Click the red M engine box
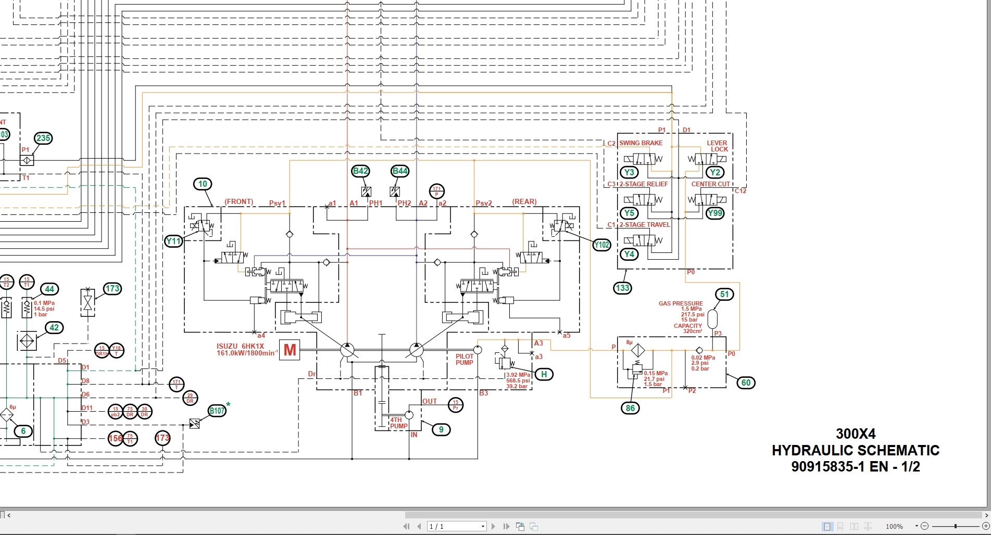coord(290,350)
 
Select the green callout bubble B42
coord(360,171)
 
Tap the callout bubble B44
coord(400,171)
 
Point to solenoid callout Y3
coord(629,172)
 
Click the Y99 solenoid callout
coord(715,213)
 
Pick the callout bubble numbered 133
coord(622,288)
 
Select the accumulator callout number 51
coord(724,294)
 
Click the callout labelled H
coord(544,374)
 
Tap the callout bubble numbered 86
coord(630,408)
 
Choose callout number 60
coord(746,383)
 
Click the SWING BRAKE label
coord(641,143)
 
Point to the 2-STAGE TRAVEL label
coord(644,225)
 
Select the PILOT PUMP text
coord(465,360)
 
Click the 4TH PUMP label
coord(398,423)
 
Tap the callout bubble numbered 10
coord(203,184)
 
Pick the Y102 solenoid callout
coord(601,245)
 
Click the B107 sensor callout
coord(217,411)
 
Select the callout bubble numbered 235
coord(43,138)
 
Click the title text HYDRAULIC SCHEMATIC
coord(855,450)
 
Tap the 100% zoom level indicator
coord(894,527)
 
